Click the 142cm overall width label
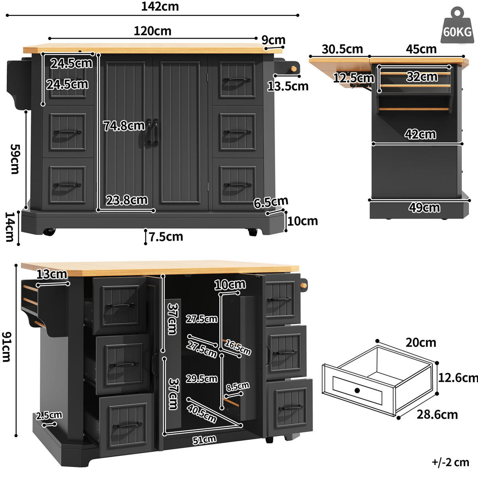160,6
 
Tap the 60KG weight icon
457,26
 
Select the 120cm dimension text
153,31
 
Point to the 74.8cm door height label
124,126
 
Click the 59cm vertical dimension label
15,159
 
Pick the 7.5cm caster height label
166,237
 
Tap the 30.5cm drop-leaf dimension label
342,49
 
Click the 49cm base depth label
424,208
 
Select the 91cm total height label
7,347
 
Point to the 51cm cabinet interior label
204,440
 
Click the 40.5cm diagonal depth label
202,414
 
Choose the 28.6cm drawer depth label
437,415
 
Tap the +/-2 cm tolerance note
451,463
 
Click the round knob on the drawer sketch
357,390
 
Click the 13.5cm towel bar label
288,87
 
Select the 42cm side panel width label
420,134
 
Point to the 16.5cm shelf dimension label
238,347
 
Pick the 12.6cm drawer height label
458,378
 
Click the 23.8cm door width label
127,200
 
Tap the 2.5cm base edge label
49,415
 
